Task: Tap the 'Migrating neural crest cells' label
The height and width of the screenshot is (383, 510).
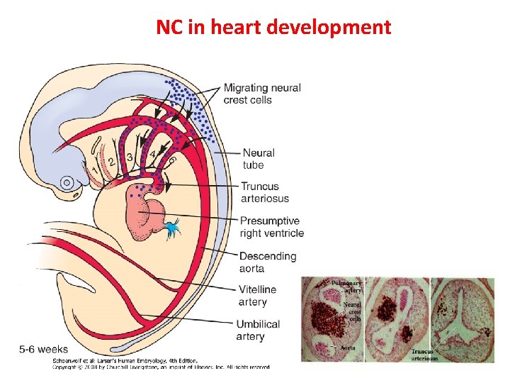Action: coord(262,94)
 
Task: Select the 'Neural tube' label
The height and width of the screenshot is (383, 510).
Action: coord(259,159)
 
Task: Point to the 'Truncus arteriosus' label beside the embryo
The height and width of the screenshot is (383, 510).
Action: coord(264,192)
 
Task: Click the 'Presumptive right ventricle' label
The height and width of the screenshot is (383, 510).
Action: coord(271,227)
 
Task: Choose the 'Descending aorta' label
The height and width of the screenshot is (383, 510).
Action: coord(268,262)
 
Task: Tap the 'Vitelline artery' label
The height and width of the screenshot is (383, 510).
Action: coord(257,296)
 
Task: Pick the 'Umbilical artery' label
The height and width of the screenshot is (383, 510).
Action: coord(259,330)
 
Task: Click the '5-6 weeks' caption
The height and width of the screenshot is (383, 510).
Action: coord(43,349)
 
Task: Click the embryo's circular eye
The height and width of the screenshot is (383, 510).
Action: coord(67,182)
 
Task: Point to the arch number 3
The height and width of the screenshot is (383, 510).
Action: coord(130,156)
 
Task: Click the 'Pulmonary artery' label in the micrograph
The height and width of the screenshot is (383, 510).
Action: coord(346,286)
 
